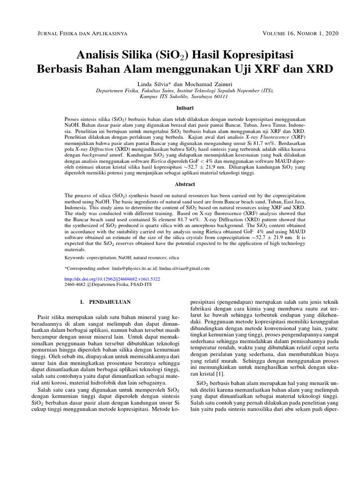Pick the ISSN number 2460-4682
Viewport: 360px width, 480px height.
[75, 285]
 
